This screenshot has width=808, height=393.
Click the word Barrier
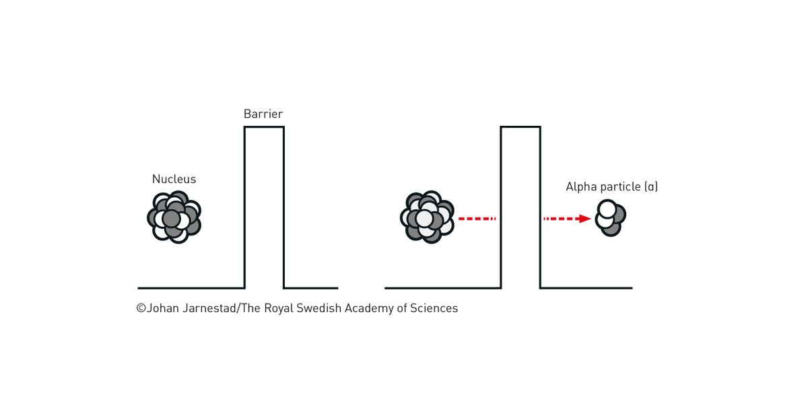click(263, 114)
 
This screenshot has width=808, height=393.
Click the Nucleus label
click(174, 179)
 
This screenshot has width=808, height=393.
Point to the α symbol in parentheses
click(651, 186)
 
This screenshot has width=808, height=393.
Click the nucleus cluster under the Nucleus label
click(174, 217)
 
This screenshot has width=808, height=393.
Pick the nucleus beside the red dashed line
click(428, 217)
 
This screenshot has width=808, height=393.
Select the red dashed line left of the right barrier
click(477, 219)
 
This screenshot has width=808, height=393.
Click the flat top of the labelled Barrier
click(264, 127)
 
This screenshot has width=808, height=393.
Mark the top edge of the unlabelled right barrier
click(520, 127)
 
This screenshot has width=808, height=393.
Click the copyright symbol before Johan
click(141, 308)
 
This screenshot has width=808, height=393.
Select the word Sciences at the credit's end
click(434, 308)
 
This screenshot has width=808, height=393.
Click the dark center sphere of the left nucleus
click(172, 219)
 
